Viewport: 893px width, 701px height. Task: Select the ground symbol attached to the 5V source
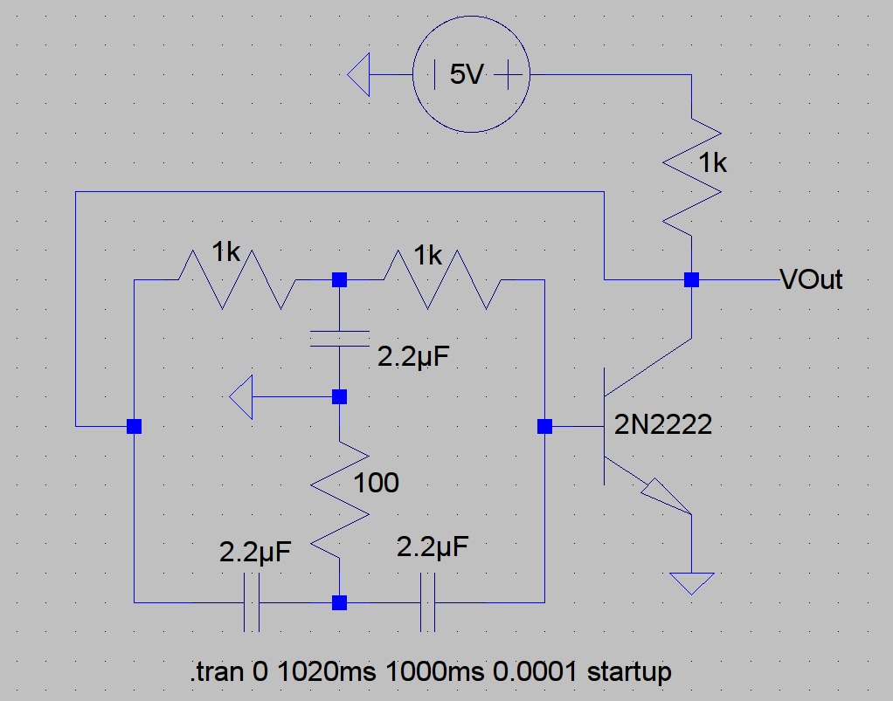pyautogui.click(x=359, y=76)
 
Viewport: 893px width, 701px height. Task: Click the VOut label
pyautogui.click(x=812, y=280)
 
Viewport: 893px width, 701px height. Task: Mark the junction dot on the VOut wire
pyautogui.click(x=691, y=280)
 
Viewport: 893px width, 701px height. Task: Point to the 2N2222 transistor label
pyautogui.click(x=663, y=426)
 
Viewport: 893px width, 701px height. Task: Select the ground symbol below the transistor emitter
pyautogui.click(x=691, y=582)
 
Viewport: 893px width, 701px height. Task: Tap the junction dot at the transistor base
pyautogui.click(x=544, y=427)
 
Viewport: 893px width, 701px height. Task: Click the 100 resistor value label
pyautogui.click(x=376, y=482)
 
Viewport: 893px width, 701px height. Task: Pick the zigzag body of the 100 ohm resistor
pyautogui.click(x=339, y=498)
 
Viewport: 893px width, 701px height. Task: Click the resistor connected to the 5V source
pyautogui.click(x=691, y=180)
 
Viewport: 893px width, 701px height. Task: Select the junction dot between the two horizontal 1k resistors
pyautogui.click(x=339, y=280)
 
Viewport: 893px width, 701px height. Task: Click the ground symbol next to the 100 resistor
pyautogui.click(x=242, y=397)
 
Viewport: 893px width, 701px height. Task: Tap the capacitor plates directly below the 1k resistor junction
pyautogui.click(x=339, y=339)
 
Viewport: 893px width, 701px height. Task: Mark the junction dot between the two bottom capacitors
pyautogui.click(x=339, y=602)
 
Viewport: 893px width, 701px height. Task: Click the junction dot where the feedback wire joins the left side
pyautogui.click(x=134, y=427)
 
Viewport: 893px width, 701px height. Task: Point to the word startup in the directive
pyautogui.click(x=629, y=673)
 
